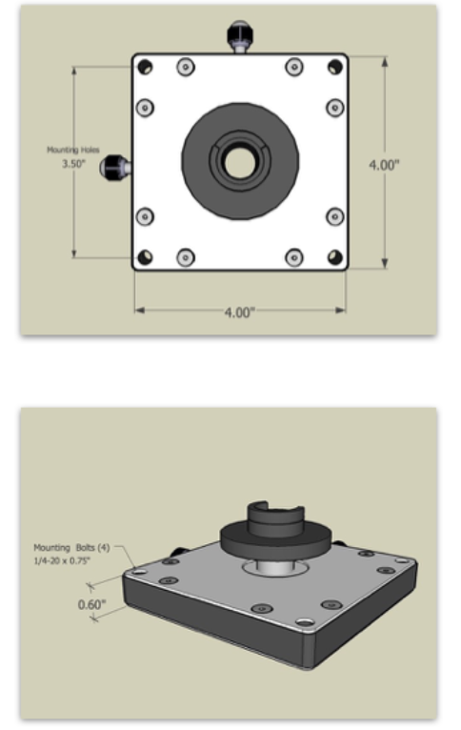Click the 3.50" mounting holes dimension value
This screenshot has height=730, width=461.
pyautogui.click(x=74, y=164)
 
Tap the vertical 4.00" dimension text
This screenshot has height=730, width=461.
pyautogui.click(x=384, y=165)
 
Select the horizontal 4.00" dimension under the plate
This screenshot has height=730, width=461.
pyautogui.click(x=240, y=312)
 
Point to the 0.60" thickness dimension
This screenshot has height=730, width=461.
pyautogui.click(x=91, y=604)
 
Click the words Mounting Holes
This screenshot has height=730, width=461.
pyautogui.click(x=73, y=150)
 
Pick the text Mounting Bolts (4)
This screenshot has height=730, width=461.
pyautogui.click(x=71, y=547)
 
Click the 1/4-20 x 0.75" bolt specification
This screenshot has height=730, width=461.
pyautogui.click(x=61, y=560)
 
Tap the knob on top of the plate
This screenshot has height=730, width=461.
pyautogui.click(x=240, y=36)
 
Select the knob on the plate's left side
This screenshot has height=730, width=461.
pyautogui.click(x=115, y=167)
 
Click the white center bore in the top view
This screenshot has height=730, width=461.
pyautogui.click(x=240, y=163)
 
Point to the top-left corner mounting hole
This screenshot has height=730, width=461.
pyautogui.click(x=145, y=67)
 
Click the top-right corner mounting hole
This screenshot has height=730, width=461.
pyautogui.click(x=335, y=67)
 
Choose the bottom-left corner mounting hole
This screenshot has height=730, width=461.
pyautogui.click(x=145, y=257)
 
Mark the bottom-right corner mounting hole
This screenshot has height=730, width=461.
pyautogui.click(x=335, y=257)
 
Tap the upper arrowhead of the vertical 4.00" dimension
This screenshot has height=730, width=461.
pyautogui.click(x=385, y=62)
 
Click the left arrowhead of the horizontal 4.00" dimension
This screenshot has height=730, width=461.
pyautogui.click(x=140, y=310)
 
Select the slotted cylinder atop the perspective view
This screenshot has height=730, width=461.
pyautogui.click(x=275, y=518)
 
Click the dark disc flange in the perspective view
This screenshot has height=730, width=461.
pyautogui.click(x=275, y=541)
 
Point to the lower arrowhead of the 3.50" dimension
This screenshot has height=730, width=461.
pyautogui.click(x=74, y=253)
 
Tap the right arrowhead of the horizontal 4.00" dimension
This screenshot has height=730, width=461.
pyautogui.click(x=341, y=310)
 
